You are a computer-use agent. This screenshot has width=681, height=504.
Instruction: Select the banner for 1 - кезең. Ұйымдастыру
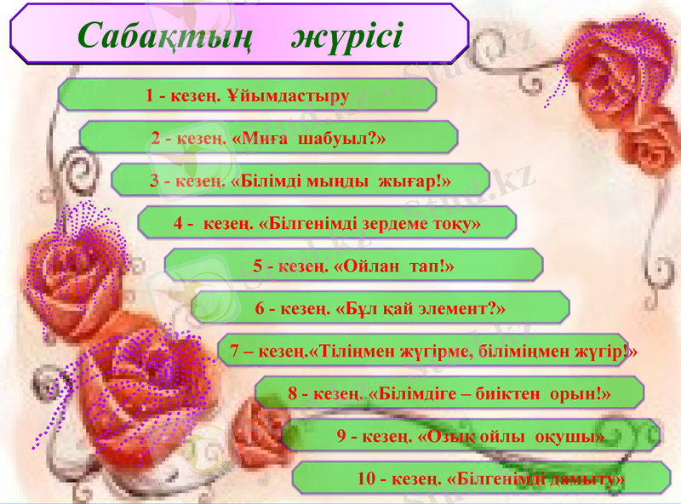pyautogui.click(x=247, y=95)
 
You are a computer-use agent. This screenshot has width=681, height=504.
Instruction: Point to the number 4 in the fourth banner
pyautogui.click(x=178, y=224)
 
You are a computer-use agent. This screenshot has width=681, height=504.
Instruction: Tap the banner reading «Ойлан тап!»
pyautogui.click(x=353, y=266)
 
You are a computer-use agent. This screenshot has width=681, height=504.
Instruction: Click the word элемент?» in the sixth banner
pyautogui.click(x=466, y=308)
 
